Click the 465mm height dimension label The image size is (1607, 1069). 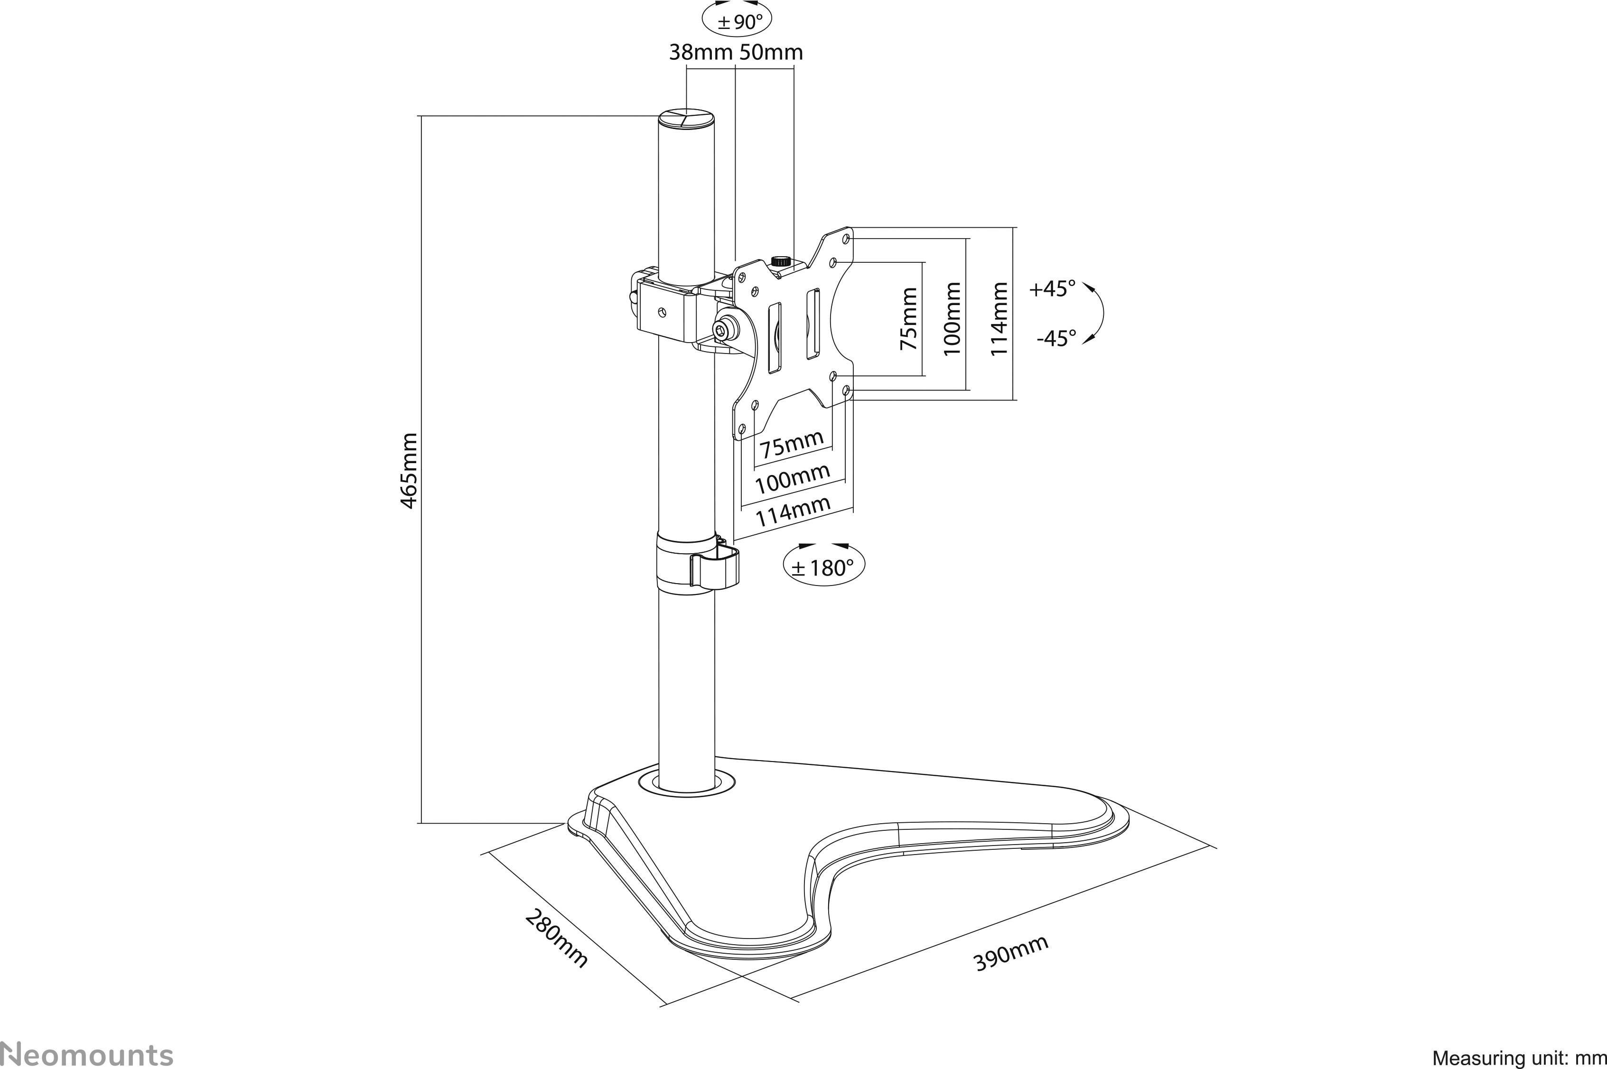[409, 470]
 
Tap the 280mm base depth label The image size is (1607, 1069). [556, 938]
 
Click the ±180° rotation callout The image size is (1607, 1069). [823, 567]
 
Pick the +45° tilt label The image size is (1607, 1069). [1052, 289]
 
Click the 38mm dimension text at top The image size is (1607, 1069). [700, 53]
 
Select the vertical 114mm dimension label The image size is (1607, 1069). [999, 319]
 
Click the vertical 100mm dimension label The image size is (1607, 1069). [953, 319]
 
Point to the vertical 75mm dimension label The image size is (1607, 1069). [909, 319]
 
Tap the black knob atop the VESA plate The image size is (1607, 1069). [780, 260]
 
